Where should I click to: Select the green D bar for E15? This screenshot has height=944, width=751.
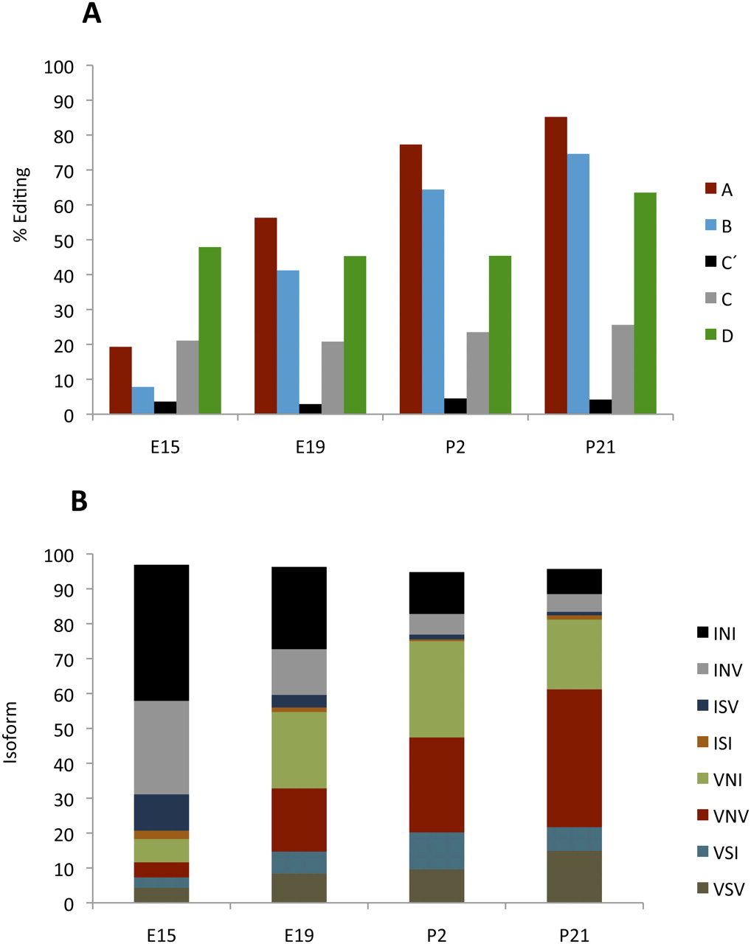tap(210, 330)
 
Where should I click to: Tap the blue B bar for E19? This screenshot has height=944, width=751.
tap(288, 342)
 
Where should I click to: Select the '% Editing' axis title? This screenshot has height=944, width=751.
tap(23, 204)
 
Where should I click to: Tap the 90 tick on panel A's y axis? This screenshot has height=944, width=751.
tap(59, 101)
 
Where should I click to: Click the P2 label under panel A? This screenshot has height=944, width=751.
tap(455, 448)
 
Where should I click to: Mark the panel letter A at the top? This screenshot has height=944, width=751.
tap(91, 13)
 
